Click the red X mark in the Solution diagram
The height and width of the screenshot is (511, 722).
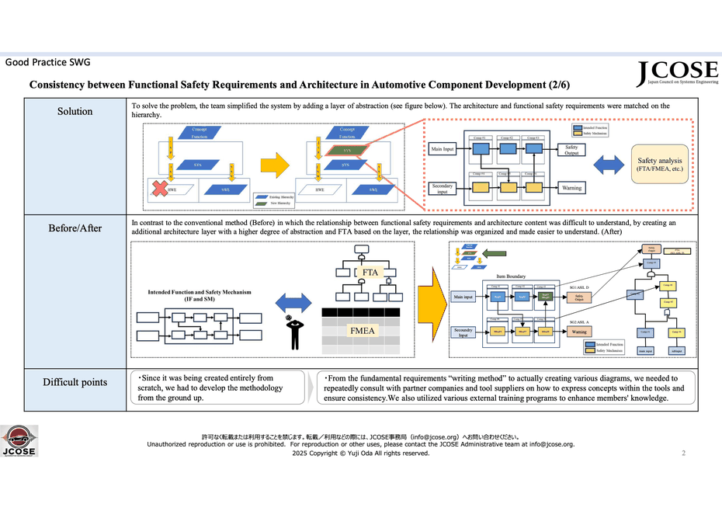pos(160,188)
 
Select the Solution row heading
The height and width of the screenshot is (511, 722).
pos(75,111)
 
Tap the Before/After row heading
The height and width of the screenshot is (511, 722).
pos(75,228)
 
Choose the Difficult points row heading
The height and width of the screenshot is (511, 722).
pos(75,381)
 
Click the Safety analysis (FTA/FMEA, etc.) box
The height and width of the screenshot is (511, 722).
pos(660,163)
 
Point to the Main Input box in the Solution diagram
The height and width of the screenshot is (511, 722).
pos(442,149)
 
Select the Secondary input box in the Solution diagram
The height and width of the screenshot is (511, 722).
pos(442,188)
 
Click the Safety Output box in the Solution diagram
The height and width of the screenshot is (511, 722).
pos(571,149)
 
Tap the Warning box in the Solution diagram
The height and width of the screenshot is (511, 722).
pos(571,188)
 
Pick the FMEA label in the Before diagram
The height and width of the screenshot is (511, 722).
pos(361,331)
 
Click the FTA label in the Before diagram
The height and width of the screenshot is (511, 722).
pos(370,273)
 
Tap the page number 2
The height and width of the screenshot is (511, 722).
pos(683,453)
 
